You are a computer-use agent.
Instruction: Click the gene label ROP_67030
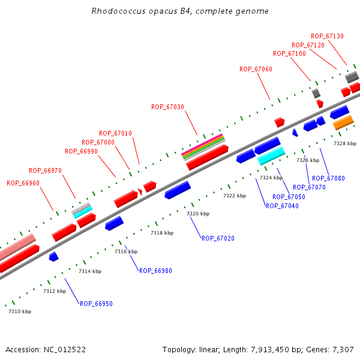point(167,107)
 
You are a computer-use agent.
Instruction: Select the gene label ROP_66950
point(96,304)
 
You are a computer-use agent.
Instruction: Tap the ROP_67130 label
point(327,36)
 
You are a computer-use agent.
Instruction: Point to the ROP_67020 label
point(218,238)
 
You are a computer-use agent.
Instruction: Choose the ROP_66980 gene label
point(155,271)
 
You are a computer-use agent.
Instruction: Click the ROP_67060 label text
point(256,69)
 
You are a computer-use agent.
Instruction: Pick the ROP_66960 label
point(23,183)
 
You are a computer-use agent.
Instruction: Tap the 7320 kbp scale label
point(198,214)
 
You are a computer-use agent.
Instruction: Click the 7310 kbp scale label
point(20,311)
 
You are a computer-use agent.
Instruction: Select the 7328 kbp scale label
point(345,143)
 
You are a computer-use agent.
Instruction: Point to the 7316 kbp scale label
point(126,251)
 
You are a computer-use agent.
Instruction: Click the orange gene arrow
point(343,123)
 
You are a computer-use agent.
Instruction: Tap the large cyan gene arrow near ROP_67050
point(271,156)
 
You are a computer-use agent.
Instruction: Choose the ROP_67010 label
point(115,133)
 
